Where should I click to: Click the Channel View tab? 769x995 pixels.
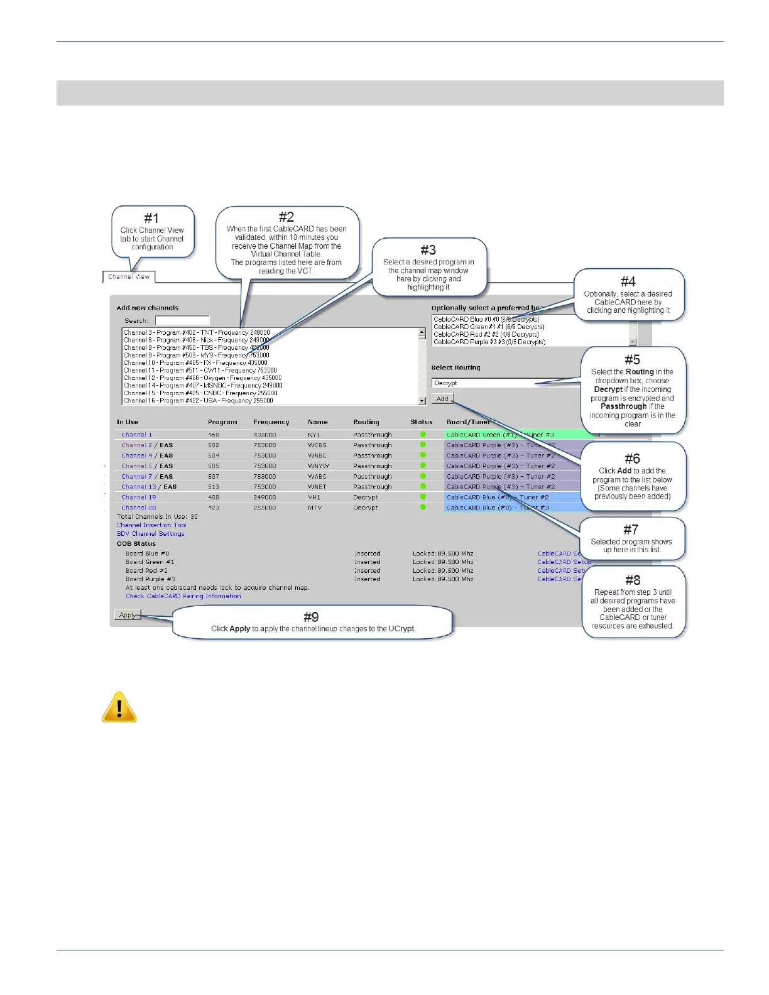129,276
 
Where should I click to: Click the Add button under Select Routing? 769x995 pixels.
442,398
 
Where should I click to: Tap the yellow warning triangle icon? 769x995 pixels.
119,707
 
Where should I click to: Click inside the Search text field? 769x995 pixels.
182,320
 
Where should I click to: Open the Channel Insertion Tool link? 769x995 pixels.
151,525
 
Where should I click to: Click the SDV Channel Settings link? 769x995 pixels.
150,534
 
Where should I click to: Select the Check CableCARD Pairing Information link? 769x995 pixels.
183,596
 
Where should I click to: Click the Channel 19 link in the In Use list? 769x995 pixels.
139,497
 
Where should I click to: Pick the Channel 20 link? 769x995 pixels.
139,508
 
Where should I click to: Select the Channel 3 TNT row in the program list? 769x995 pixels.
197,332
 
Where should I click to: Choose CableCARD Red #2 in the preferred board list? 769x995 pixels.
486,334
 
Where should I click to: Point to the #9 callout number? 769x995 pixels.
311,617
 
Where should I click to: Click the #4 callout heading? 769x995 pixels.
628,281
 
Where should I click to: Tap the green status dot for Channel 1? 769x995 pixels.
423,434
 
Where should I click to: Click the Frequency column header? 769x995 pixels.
271,422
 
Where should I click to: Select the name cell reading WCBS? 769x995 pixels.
317,445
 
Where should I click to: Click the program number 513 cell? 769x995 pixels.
214,487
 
